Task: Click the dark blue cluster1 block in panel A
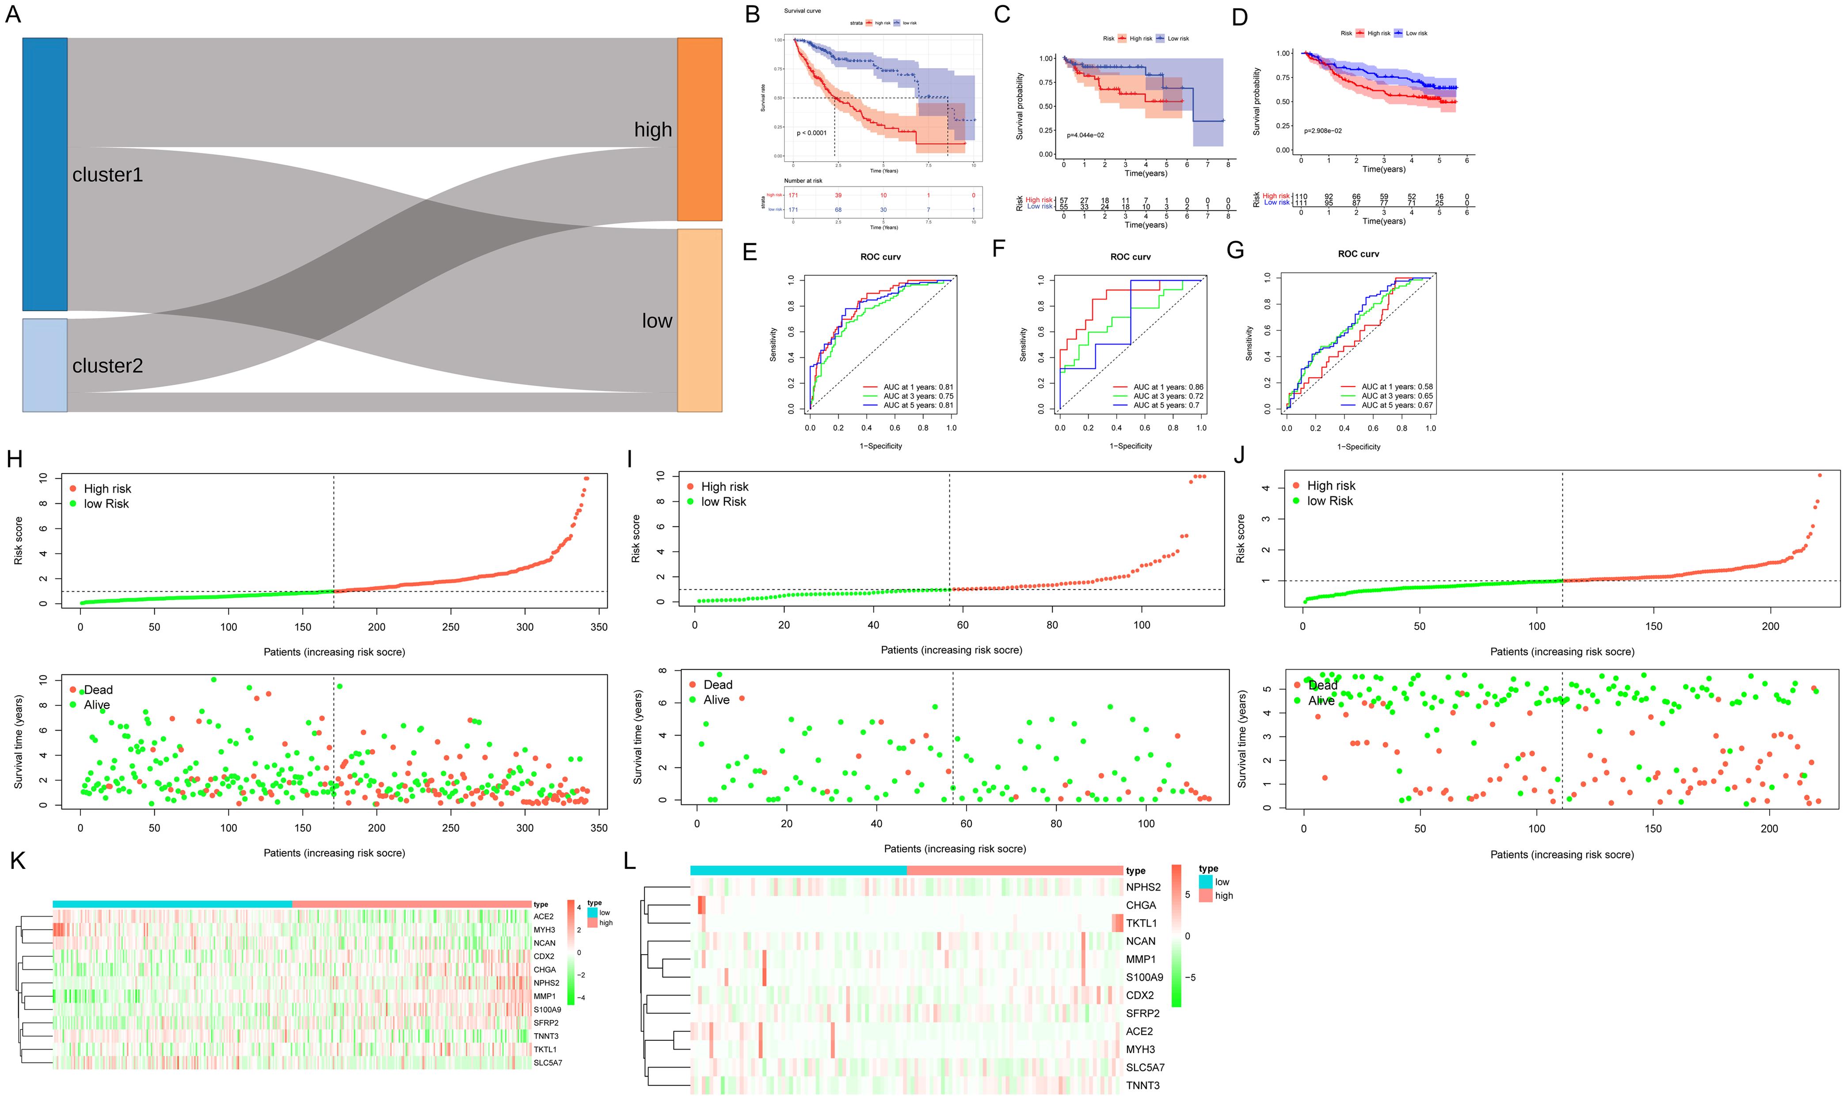45,174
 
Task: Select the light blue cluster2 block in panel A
45,365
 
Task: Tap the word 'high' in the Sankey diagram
652,130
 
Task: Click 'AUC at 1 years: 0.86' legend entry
1168,387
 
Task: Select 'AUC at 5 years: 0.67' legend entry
1397,406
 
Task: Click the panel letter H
14,459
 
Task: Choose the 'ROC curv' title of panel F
1130,257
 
